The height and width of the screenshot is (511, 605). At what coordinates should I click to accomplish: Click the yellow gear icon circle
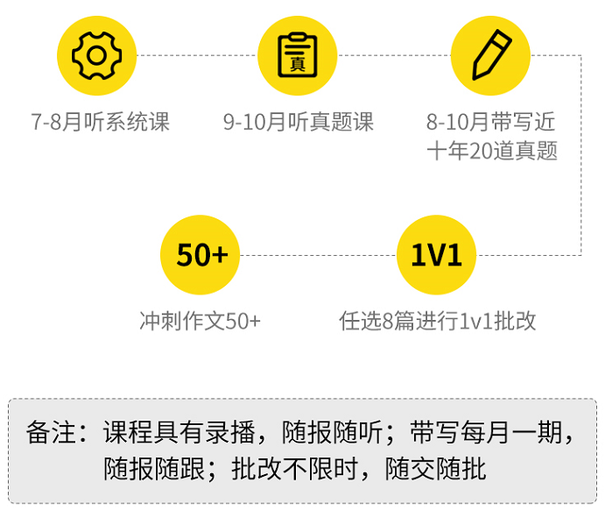97,55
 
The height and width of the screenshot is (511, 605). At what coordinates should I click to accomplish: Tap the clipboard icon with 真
298,55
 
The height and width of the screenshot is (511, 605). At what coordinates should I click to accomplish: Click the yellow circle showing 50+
200,255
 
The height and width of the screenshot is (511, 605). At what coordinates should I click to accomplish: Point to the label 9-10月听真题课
299,122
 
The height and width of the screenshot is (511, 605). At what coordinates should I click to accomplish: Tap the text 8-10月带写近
491,122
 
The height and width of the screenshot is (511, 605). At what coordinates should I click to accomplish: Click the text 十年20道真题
491,151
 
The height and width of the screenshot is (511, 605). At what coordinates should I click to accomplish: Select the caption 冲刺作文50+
200,321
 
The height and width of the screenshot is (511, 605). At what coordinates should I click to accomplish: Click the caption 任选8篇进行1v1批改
437,321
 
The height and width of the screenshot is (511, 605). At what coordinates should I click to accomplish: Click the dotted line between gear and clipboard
197,55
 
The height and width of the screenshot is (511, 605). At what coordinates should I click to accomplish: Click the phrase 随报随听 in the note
333,433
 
